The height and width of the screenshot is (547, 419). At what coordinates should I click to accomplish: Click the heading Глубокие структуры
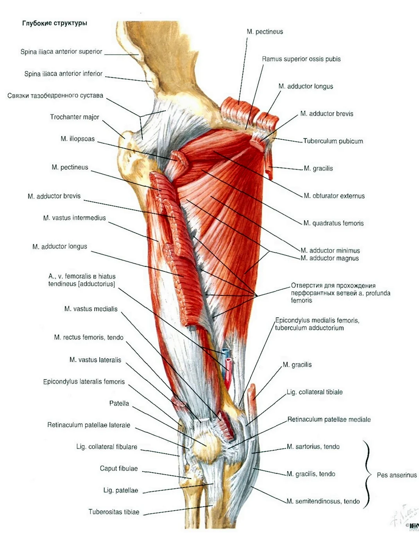click(x=55, y=23)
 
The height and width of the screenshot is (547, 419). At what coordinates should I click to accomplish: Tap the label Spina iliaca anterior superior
click(x=61, y=52)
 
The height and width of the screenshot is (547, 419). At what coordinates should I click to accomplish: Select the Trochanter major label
click(x=74, y=117)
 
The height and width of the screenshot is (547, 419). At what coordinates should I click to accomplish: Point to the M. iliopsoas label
click(x=78, y=139)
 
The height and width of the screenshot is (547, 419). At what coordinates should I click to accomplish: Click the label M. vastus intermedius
click(x=74, y=218)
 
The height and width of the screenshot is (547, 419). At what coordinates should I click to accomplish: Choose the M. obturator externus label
click(x=334, y=196)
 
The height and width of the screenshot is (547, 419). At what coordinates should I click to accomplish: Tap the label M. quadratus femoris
click(x=333, y=223)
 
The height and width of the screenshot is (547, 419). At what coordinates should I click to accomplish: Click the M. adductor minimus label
click(x=330, y=250)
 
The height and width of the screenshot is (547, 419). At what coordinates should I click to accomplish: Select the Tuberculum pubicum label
click(x=333, y=141)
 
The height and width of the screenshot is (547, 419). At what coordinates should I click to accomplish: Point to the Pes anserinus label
click(x=397, y=475)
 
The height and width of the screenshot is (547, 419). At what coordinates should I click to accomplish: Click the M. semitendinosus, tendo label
click(x=323, y=502)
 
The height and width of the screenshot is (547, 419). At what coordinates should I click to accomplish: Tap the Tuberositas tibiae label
click(x=114, y=512)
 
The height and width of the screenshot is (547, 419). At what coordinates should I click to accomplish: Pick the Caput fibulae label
click(x=119, y=468)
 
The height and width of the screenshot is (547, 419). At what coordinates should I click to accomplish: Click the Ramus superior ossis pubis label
click(x=301, y=59)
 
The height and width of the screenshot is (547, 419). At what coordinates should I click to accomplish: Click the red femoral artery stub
click(x=228, y=373)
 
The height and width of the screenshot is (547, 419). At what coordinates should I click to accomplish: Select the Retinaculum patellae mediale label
click(x=329, y=419)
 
